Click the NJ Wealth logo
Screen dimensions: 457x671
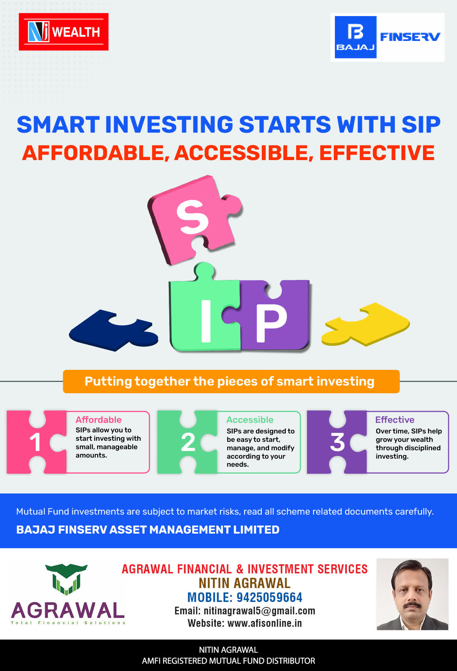[64, 32]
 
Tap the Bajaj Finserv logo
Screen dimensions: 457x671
[388, 37]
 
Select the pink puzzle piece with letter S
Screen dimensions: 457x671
[194, 219]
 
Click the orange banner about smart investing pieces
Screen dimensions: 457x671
[231, 382]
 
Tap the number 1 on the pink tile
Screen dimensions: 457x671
[35, 442]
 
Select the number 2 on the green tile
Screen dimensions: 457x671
[188, 442]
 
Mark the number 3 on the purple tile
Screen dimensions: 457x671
[337, 442]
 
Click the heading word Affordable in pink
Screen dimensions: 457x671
[99, 420]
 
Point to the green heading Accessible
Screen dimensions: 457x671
[250, 420]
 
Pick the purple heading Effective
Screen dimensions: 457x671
[395, 420]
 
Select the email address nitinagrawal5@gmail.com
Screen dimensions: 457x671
[260, 611]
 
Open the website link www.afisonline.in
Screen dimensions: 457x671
[265, 623]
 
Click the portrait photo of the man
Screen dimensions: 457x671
[412, 594]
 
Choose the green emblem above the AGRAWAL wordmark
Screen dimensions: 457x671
[66, 579]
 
